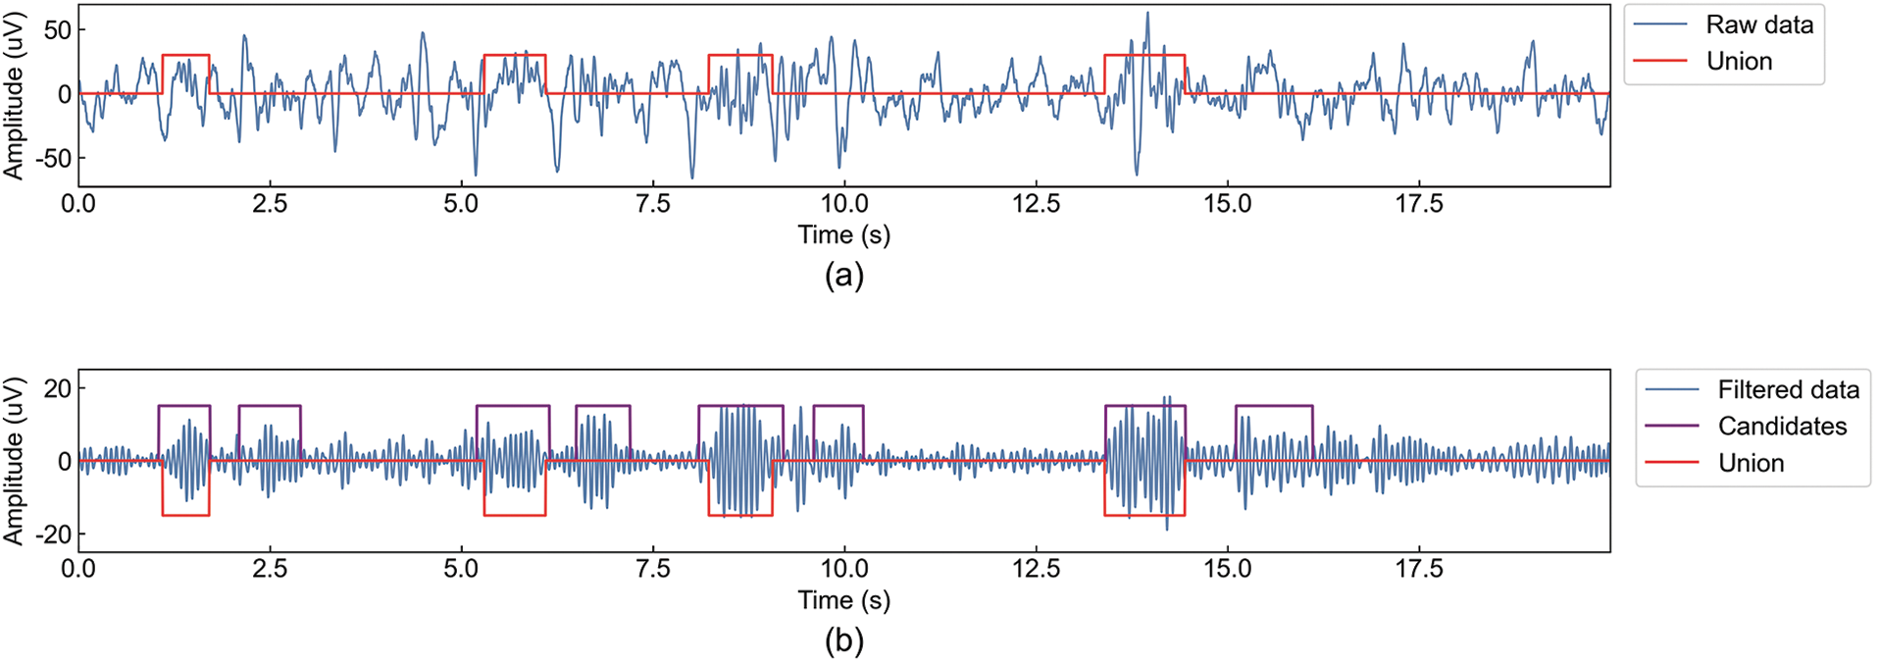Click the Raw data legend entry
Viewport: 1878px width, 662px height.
tap(1758, 25)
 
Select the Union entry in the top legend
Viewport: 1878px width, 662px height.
tap(1738, 61)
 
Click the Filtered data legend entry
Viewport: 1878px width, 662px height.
tap(1787, 390)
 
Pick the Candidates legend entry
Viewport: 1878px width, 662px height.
tap(1781, 427)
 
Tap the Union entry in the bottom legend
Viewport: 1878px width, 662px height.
tap(1750, 463)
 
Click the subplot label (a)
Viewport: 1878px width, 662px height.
tap(843, 276)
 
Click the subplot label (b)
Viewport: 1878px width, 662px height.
tap(843, 641)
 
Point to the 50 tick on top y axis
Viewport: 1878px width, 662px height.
tap(57, 30)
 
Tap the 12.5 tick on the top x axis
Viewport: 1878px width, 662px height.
tap(1036, 204)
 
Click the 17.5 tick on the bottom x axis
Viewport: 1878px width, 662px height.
tap(1418, 570)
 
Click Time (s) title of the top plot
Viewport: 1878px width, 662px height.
tap(843, 235)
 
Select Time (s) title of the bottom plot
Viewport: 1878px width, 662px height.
tap(843, 600)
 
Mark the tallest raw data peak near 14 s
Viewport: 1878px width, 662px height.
tap(1147, 14)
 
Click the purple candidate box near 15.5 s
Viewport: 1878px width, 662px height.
tap(1273, 406)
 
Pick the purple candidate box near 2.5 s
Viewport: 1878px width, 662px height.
tap(270, 406)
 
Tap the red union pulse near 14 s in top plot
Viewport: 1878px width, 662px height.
tap(1144, 55)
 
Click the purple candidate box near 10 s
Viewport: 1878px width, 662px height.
tap(838, 406)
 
